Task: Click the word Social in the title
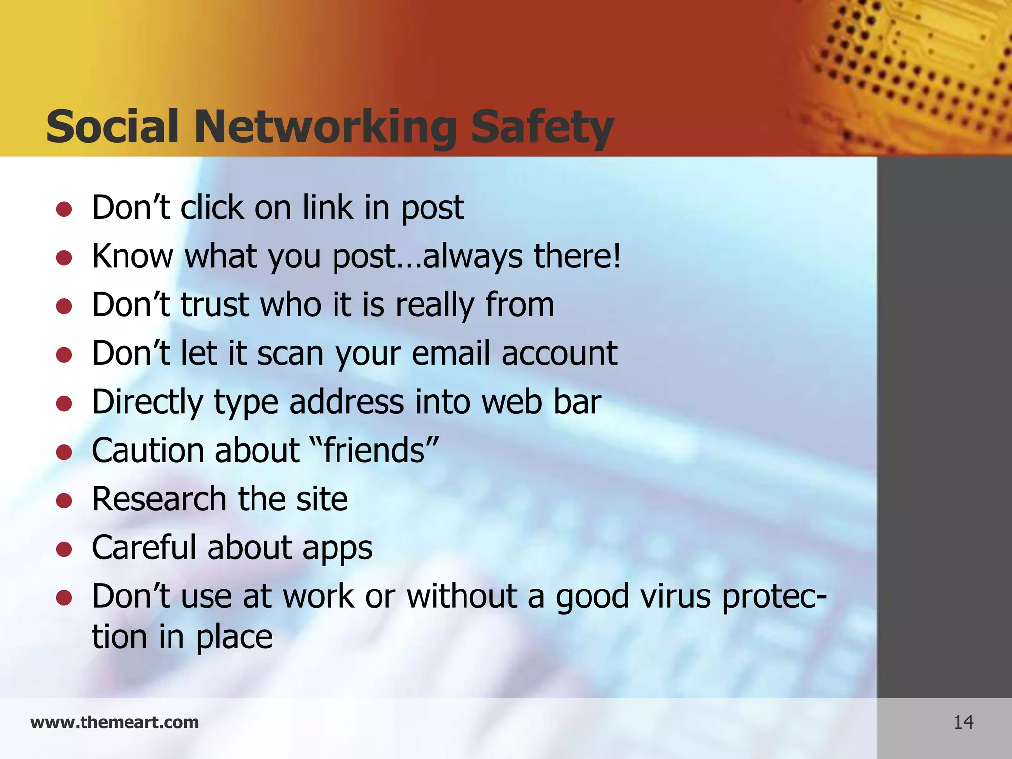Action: point(112,127)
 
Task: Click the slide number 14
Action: point(963,722)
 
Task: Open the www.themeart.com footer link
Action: point(114,722)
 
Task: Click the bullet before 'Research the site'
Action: point(64,501)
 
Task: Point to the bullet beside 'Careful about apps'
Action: point(64,549)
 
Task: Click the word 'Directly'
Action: point(148,403)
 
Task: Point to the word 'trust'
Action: point(214,305)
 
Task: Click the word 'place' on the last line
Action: point(234,637)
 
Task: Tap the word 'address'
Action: point(346,402)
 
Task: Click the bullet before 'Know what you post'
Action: point(64,257)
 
